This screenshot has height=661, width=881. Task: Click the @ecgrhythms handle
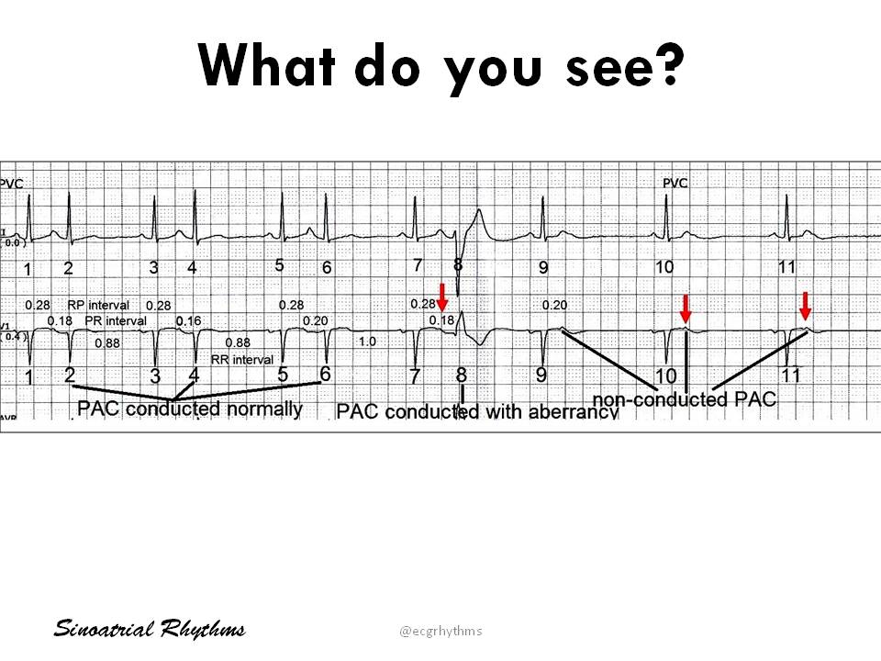click(x=440, y=631)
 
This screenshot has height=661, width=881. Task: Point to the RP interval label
click(x=98, y=305)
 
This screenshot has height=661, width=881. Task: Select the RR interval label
click(x=242, y=359)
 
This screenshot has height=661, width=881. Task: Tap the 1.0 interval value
click(x=367, y=342)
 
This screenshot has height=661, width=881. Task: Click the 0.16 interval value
click(x=188, y=321)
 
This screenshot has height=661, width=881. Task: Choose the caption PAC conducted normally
click(x=190, y=409)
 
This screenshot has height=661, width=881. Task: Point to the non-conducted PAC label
click(x=684, y=399)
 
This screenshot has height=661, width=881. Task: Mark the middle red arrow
click(x=685, y=308)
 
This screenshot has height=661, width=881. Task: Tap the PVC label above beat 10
click(x=675, y=184)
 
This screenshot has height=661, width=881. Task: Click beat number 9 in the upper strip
click(x=543, y=268)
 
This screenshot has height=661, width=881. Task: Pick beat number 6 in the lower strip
click(x=325, y=374)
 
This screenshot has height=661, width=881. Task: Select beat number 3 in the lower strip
click(x=155, y=375)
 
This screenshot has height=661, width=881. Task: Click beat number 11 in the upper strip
click(x=786, y=267)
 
